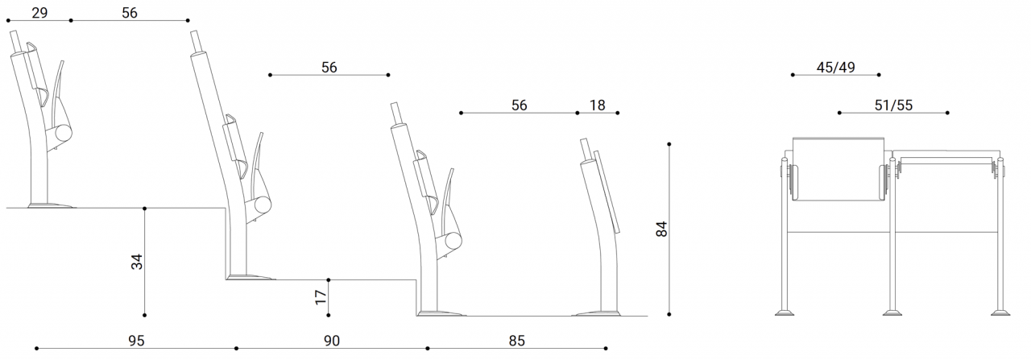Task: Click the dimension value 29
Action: pyautogui.click(x=39, y=12)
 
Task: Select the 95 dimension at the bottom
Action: pyautogui.click(x=136, y=341)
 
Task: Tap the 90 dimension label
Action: pyautogui.click(x=331, y=341)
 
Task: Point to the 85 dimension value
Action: pyautogui.click(x=516, y=341)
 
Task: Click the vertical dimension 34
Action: pyautogui.click(x=137, y=262)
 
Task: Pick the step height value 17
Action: pyautogui.click(x=321, y=297)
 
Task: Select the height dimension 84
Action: pyautogui.click(x=661, y=229)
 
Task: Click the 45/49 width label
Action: pyautogui.click(x=835, y=68)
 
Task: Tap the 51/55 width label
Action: pyautogui.click(x=893, y=106)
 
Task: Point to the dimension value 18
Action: pyautogui.click(x=597, y=106)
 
